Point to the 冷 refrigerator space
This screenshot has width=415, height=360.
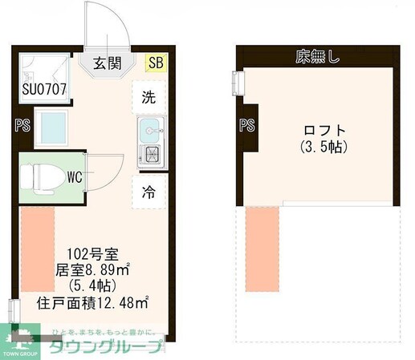point(149,192)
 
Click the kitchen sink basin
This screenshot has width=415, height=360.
point(150,128)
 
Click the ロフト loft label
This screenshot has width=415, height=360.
point(324,131)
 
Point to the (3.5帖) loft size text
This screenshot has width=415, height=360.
point(324,148)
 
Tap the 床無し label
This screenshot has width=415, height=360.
point(316,56)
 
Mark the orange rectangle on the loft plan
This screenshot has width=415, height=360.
point(260,249)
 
